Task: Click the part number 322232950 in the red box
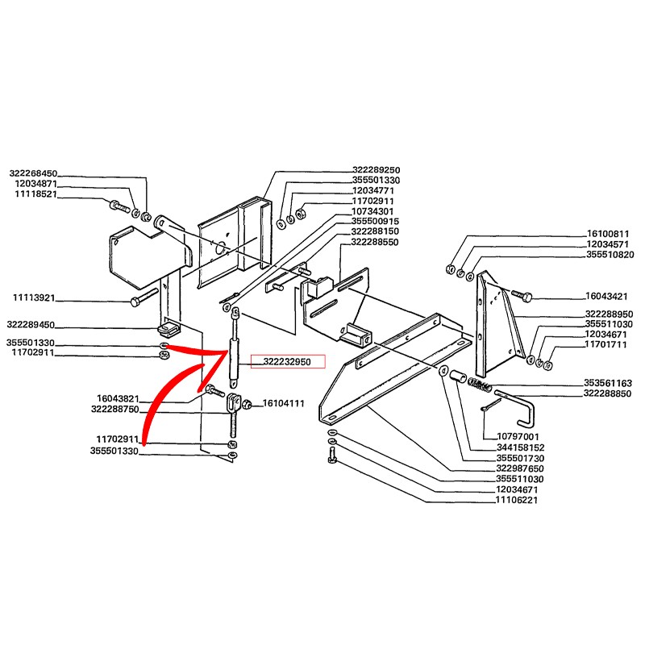pyautogui.click(x=287, y=361)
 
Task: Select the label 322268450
pyautogui.click(x=33, y=173)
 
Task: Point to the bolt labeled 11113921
pyautogui.click(x=144, y=298)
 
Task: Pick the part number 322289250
pyautogui.click(x=376, y=169)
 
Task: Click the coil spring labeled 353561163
pyautogui.click(x=480, y=385)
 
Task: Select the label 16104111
pyautogui.click(x=284, y=403)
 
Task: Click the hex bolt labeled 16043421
pyautogui.click(x=522, y=294)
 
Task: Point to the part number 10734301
pyautogui.click(x=372, y=211)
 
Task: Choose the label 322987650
pyautogui.click(x=520, y=468)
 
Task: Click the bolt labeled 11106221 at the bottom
pyautogui.click(x=332, y=455)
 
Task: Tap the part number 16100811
pyautogui.click(x=608, y=234)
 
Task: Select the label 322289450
pyautogui.click(x=31, y=325)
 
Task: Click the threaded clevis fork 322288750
pyautogui.click(x=233, y=414)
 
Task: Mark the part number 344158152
pyautogui.click(x=520, y=447)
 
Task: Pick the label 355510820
pyautogui.click(x=610, y=254)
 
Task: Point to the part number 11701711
pyautogui.click(x=605, y=344)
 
